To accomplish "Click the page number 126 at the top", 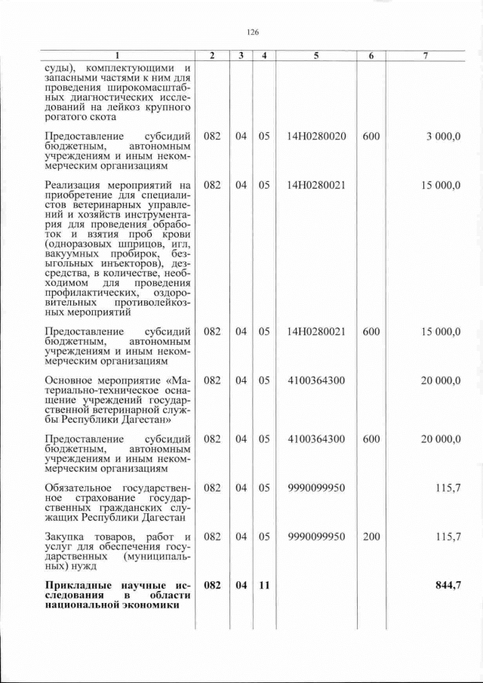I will pos(253,32).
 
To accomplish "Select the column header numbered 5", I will pos(316,56).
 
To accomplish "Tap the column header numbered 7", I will pos(426,56).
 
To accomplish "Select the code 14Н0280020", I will pos(316,137).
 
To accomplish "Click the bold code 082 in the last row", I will pos(212,585).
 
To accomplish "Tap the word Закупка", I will pos(67,537).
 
